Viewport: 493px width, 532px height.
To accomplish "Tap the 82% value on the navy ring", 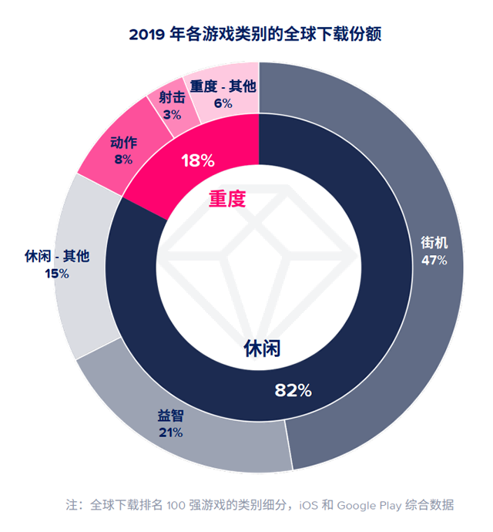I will click(x=293, y=391).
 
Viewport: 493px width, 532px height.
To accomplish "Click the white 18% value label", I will click(x=197, y=161).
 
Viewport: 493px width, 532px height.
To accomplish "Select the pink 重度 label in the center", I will click(x=227, y=199).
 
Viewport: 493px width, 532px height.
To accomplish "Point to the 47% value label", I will click(x=433, y=260).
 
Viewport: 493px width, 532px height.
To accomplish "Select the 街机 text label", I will click(x=433, y=243).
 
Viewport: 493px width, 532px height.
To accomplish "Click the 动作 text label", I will click(x=122, y=143).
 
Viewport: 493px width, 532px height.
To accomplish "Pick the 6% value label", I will click(x=223, y=103).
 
